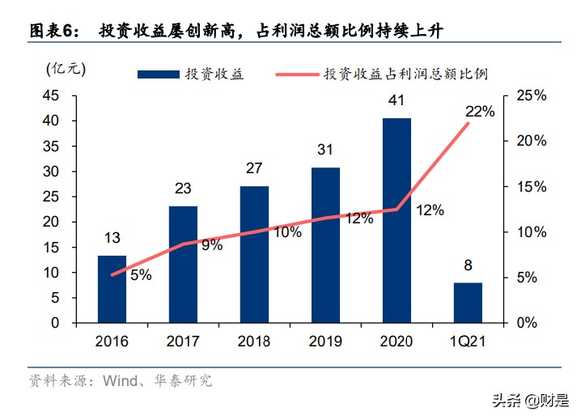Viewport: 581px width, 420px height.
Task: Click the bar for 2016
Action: pos(112,289)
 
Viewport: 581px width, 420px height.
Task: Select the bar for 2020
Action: pos(397,220)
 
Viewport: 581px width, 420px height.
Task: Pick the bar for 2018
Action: pos(254,254)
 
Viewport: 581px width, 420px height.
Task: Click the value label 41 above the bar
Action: pos(397,101)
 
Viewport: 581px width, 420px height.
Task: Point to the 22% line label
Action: pos(480,112)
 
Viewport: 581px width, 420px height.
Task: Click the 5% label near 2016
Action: pos(141,275)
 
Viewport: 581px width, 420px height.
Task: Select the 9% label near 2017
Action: pos(212,245)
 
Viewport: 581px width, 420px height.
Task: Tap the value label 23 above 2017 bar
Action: pos(183,189)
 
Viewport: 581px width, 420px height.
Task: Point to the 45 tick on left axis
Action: pos(50,95)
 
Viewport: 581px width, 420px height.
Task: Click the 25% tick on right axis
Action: pos(531,95)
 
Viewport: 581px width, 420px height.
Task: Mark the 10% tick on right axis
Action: pos(531,232)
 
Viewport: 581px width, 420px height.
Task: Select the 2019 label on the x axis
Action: pos(325,341)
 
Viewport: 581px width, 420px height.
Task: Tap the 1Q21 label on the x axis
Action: pos(467,341)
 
